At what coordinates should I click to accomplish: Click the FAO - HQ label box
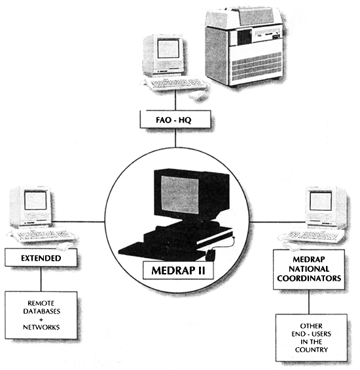pos(175,120)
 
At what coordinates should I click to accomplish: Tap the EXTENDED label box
pos(41,258)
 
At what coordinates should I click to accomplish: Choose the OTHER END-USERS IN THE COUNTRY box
pos(312,337)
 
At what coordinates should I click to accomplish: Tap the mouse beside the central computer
pos(211,252)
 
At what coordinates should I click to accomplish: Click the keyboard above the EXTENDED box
pos(43,234)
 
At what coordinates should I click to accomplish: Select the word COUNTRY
pos(312,350)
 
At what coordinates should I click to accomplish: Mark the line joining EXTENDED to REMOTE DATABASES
pos(41,279)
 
